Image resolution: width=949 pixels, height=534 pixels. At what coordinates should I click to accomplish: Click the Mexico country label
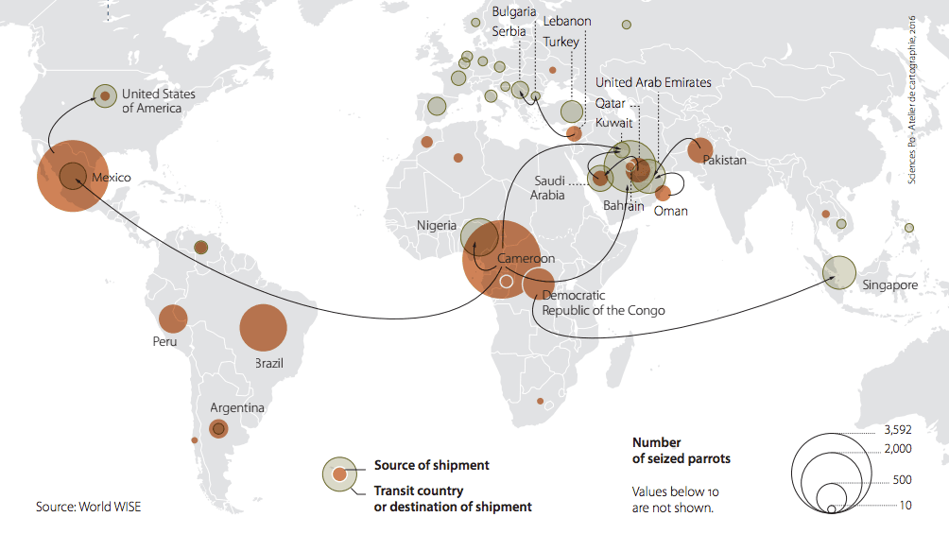111,178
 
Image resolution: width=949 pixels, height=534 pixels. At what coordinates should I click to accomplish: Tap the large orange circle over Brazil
263,328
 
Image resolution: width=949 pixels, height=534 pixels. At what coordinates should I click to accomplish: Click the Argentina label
237,407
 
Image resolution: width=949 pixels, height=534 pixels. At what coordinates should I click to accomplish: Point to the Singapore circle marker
838,272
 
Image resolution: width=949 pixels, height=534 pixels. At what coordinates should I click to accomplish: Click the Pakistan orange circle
700,149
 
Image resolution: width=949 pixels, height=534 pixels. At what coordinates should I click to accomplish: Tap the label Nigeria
437,226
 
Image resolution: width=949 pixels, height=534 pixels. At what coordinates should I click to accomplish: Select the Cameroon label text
526,259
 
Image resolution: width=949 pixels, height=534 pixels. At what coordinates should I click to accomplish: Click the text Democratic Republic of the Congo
603,303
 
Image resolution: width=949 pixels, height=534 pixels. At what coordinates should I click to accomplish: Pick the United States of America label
158,101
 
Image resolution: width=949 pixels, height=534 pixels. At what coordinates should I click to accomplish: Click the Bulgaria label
514,11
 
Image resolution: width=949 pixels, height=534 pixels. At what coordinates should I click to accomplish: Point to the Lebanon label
567,22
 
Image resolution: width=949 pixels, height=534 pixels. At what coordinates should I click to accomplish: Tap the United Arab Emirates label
653,82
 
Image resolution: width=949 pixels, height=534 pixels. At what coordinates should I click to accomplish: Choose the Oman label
670,211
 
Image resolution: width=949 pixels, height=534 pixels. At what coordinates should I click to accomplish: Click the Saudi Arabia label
548,188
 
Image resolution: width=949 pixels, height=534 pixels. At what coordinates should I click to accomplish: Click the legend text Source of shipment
431,465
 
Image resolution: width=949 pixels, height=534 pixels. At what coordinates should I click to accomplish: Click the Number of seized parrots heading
681,450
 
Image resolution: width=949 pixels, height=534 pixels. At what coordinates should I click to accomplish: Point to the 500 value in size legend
902,480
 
